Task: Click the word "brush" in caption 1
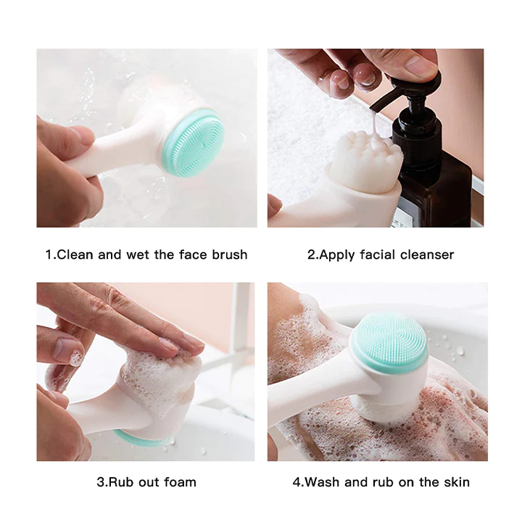click(x=230, y=254)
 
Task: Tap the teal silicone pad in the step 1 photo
click(x=193, y=143)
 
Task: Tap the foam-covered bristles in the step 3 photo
click(x=163, y=379)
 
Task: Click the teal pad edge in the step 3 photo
click(x=140, y=439)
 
